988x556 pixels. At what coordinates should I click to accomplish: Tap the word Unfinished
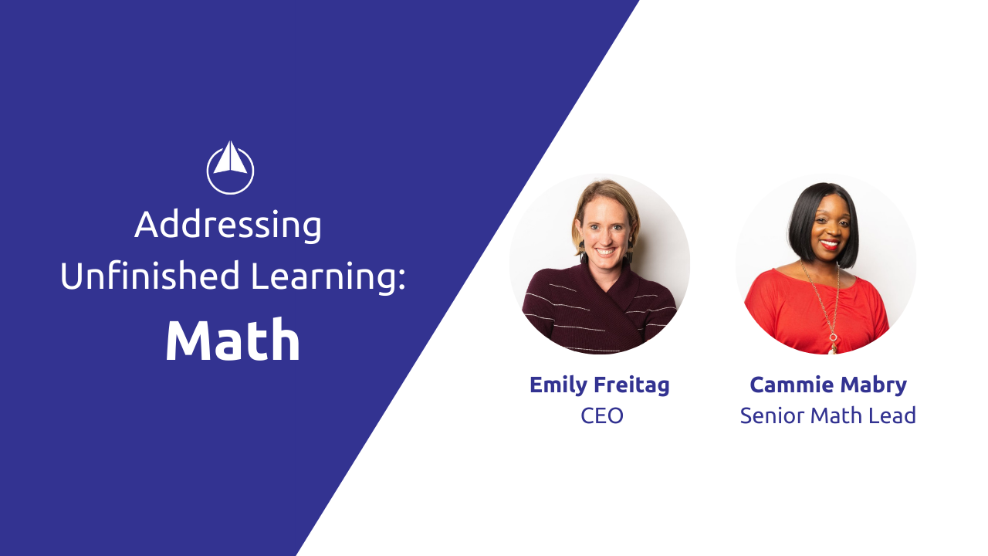[150, 276]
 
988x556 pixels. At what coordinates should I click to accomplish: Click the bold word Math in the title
[233, 341]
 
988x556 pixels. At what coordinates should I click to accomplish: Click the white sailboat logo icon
[230, 168]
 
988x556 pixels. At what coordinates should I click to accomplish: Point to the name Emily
[559, 385]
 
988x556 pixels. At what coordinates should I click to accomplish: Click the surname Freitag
[632, 385]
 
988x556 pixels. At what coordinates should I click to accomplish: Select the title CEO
[602, 415]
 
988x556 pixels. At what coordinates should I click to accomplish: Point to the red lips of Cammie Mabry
[829, 244]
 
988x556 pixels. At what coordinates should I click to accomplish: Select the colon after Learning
[401, 280]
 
